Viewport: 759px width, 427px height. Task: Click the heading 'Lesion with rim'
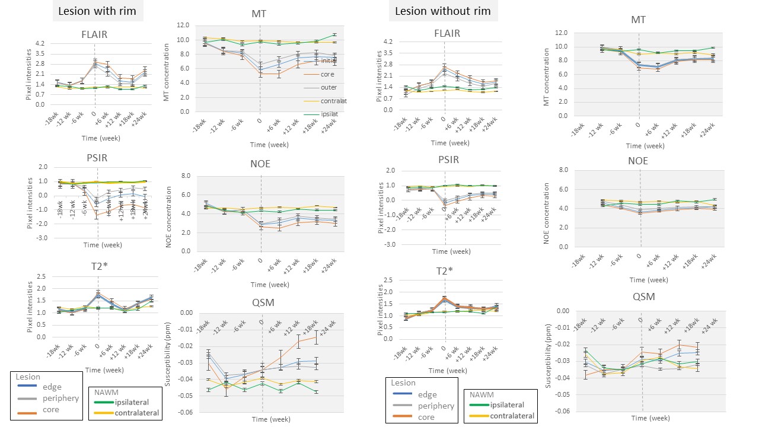pos(98,11)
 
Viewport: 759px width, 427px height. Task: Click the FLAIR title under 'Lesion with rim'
pos(94,34)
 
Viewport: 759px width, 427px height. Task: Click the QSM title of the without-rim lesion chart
pos(644,297)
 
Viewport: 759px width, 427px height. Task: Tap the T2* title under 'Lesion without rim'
pos(445,271)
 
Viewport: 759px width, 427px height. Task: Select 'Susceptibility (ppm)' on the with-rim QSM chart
pos(168,362)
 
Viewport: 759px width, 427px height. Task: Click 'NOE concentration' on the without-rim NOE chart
pos(547,208)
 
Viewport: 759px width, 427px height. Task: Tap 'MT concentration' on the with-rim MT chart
pos(167,69)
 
